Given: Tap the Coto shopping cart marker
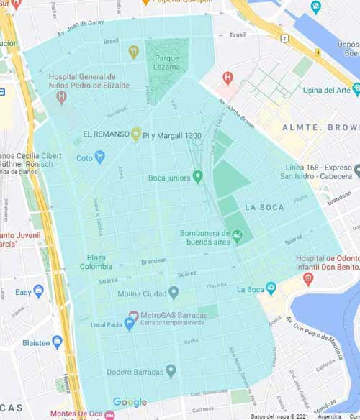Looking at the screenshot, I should point(100,157).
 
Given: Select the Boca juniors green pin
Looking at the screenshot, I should point(199,177).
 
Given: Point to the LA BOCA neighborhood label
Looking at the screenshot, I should point(264,207).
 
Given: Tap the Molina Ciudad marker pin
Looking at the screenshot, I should point(174,293).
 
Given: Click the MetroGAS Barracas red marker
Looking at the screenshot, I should point(133,316).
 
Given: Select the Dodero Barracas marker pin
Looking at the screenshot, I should point(171,371).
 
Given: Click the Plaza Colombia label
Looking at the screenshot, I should point(102,262).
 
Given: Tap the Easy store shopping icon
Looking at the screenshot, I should point(39,292).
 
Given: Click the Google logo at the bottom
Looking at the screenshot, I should point(130,403).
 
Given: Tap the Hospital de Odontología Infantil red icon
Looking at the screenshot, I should point(308,278).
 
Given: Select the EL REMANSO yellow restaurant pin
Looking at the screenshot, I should point(135,134).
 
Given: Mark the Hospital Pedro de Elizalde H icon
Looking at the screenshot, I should point(62,96).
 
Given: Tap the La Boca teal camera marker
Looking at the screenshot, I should point(271,289).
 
